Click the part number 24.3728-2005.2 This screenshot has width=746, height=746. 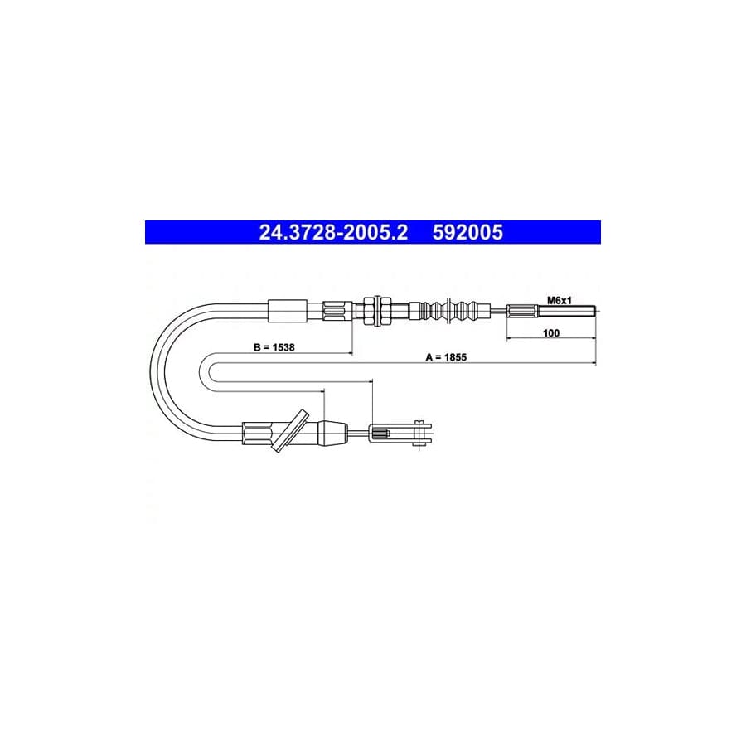tap(333, 233)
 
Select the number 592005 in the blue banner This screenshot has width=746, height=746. tap(467, 233)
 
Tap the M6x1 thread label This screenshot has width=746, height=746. tap(559, 300)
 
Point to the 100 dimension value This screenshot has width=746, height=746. tap(551, 332)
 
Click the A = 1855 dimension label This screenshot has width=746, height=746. tap(446, 356)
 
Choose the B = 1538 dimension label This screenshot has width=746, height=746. tap(274, 347)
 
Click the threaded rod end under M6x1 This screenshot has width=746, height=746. tap(567, 311)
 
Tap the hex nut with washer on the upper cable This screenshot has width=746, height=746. tap(377, 311)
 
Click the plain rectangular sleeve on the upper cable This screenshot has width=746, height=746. tap(288, 311)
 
